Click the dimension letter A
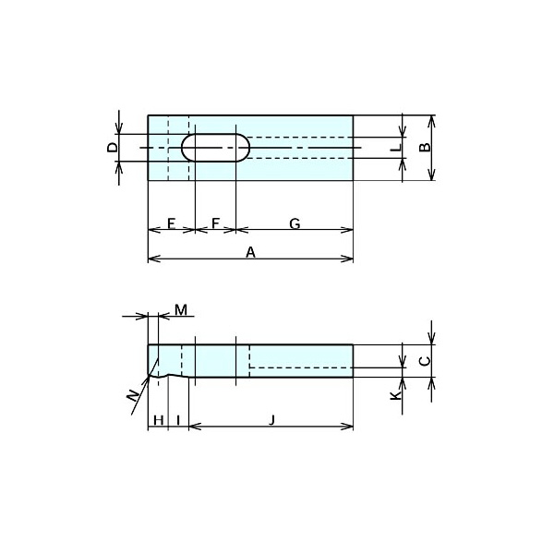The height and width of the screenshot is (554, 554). point(250,253)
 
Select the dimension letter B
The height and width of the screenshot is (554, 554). point(425,148)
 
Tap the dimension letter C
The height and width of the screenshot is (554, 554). point(425,361)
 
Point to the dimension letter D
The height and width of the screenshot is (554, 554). point(113,148)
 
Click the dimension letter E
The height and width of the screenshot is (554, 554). point(172,223)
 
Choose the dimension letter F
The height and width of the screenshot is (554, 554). point(215,223)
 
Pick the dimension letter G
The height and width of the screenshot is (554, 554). point(295,223)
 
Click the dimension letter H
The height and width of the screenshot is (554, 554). point(159,420)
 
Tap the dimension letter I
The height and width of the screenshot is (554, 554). point(178,420)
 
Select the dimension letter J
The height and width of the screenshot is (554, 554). point(271,420)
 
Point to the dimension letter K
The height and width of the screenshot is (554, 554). point(396,395)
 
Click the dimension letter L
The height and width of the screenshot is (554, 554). point(396,148)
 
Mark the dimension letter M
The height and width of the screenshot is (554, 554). point(181,310)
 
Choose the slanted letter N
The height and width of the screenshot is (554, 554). point(133,395)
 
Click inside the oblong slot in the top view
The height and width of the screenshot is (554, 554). point(215,148)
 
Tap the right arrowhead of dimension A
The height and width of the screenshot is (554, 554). point(347,259)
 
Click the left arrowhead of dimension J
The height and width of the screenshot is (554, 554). point(196,427)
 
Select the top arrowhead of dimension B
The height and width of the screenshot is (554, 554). point(431,122)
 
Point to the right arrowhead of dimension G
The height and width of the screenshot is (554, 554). point(347,230)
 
